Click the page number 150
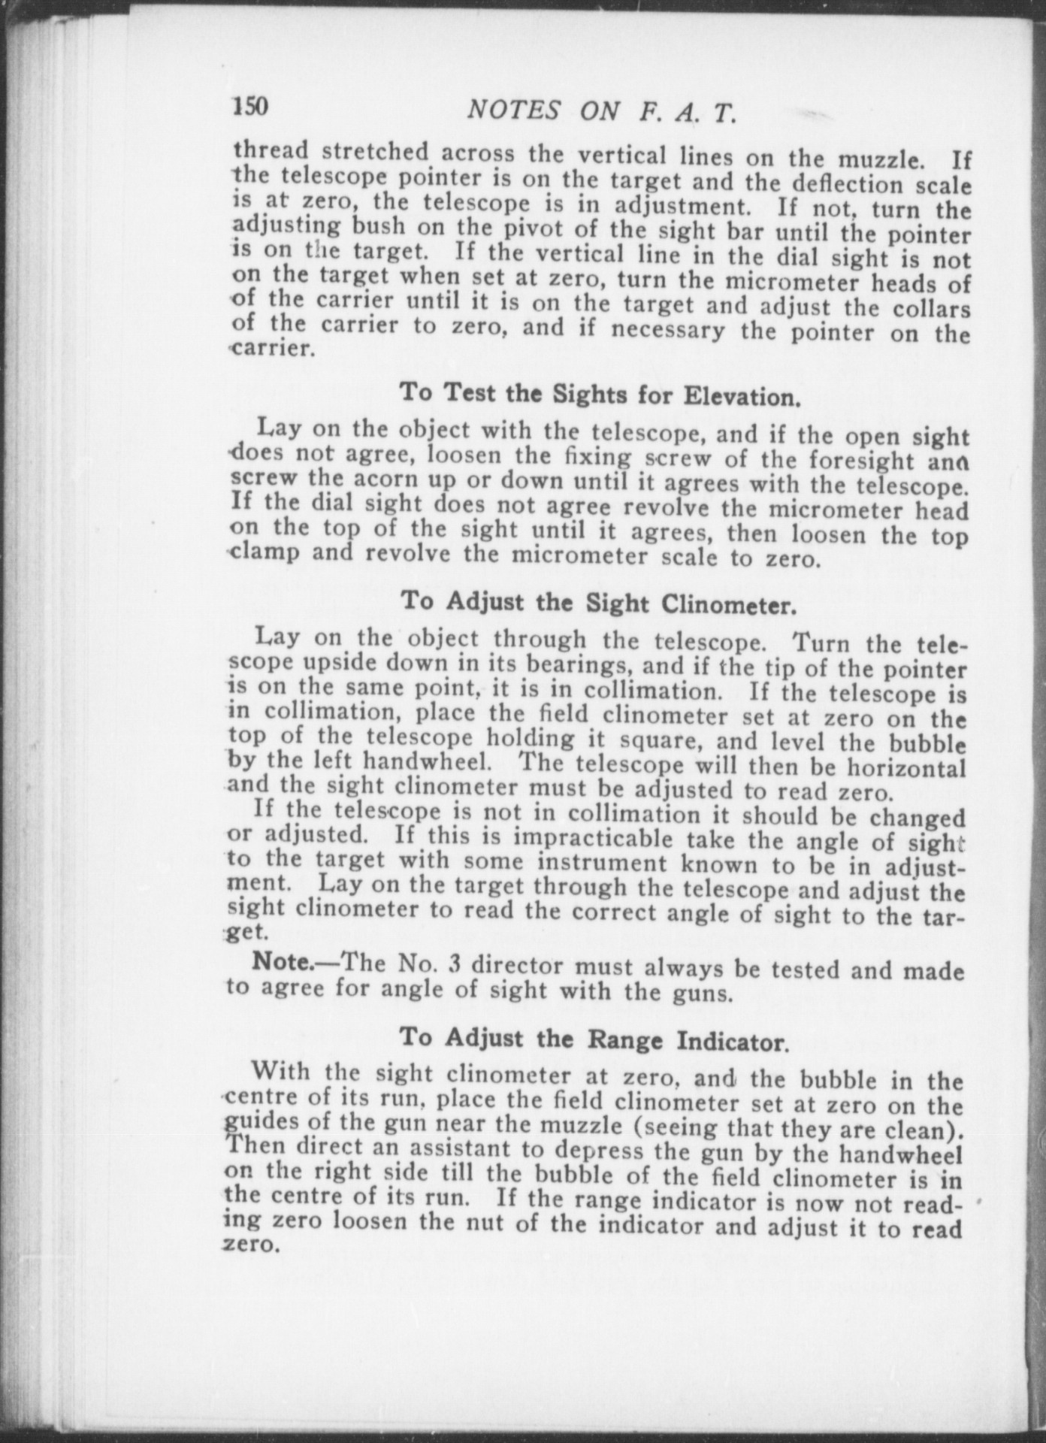pos(250,106)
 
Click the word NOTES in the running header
pos(512,110)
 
